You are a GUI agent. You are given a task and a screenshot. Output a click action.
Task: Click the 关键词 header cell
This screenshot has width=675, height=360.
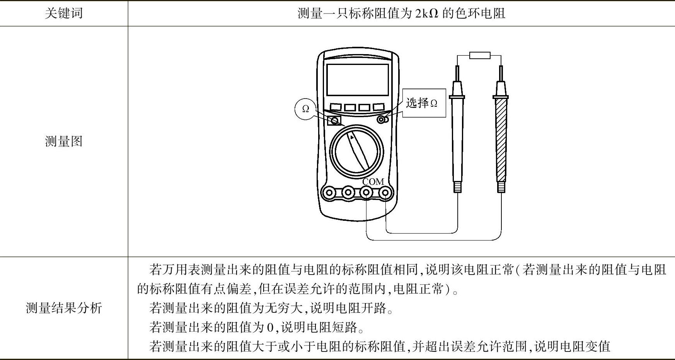(64, 13)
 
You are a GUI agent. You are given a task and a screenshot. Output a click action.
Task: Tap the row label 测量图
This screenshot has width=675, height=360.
(64, 141)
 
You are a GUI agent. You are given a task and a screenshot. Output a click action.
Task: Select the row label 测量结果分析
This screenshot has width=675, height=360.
(64, 308)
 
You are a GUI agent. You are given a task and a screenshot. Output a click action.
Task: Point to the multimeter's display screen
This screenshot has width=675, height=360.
(357, 80)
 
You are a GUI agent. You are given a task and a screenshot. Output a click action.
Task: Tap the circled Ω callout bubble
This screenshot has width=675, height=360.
(306, 109)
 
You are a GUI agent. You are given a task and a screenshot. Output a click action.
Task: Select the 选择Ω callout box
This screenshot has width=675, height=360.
(424, 103)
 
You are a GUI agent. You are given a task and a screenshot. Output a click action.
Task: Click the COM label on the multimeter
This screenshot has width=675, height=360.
(373, 181)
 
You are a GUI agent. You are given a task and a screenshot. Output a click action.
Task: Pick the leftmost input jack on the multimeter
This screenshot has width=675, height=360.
(330, 192)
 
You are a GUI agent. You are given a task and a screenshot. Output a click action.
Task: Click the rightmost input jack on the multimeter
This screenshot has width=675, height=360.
(385, 192)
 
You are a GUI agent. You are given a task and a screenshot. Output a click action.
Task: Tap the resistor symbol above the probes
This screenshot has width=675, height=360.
(480, 55)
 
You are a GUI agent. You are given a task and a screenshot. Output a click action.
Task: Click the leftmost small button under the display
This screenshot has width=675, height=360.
(335, 107)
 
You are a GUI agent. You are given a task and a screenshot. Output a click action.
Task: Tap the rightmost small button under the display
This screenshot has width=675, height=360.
(378, 107)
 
